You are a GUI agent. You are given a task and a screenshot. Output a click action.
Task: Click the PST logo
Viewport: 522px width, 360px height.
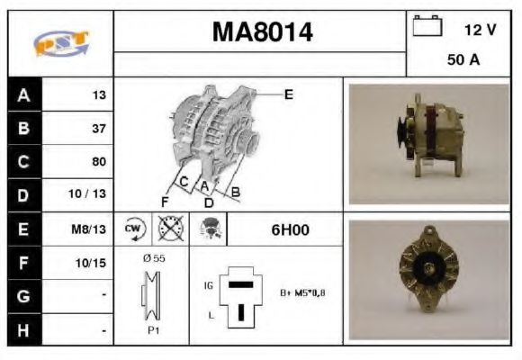pyautogui.click(x=61, y=42)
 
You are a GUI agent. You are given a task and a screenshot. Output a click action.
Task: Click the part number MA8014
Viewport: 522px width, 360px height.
pyautogui.click(x=263, y=32)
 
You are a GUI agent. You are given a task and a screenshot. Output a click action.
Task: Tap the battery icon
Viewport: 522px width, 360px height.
pyautogui.click(x=427, y=25)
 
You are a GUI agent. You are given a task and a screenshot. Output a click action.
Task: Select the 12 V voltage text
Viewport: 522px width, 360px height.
pyautogui.click(x=480, y=30)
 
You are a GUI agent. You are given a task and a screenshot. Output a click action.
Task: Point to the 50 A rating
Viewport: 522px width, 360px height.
pyautogui.click(x=463, y=60)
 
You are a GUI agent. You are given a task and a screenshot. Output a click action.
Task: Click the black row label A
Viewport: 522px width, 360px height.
pyautogui.click(x=24, y=95)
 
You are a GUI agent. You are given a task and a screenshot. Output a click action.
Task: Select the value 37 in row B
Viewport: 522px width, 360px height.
pyautogui.click(x=99, y=129)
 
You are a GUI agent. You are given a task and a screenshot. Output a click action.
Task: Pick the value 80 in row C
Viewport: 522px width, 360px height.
pyautogui.click(x=99, y=161)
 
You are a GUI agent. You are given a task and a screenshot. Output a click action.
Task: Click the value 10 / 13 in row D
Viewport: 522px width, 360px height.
pyautogui.click(x=87, y=193)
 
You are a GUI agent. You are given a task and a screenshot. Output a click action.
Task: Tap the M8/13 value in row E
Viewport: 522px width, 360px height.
pyautogui.click(x=88, y=229)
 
